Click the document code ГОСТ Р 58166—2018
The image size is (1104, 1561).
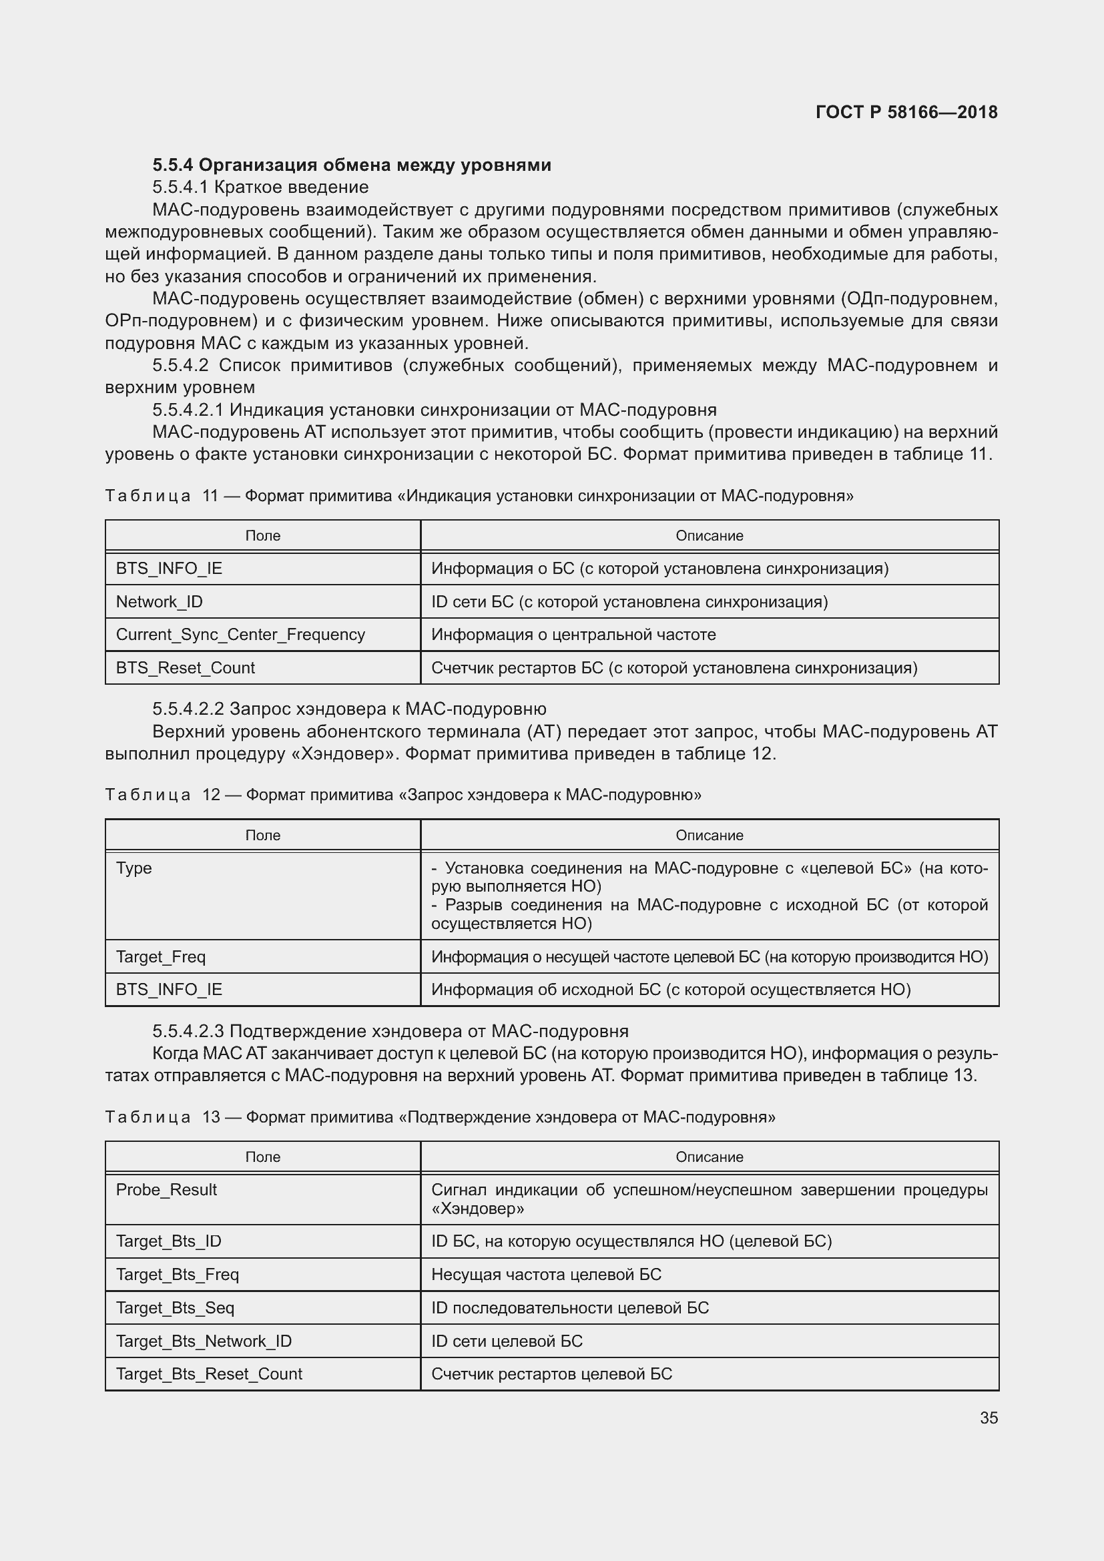pyautogui.click(x=906, y=112)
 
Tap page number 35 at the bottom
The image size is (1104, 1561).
pyautogui.click(x=989, y=1418)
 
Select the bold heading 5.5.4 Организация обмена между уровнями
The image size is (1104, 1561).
pyautogui.click(x=352, y=166)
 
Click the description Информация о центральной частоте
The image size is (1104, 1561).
pyautogui.click(x=573, y=634)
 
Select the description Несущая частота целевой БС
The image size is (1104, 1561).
pyautogui.click(x=546, y=1274)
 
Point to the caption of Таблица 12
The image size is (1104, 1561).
pyautogui.click(x=403, y=794)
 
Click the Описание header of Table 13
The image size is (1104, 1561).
pyautogui.click(x=709, y=1157)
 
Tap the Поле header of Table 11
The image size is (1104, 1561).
pyautogui.click(x=262, y=536)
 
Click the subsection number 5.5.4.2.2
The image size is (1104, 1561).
pyautogui.click(x=188, y=709)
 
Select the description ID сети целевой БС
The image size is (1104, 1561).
pyautogui.click(x=507, y=1341)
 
